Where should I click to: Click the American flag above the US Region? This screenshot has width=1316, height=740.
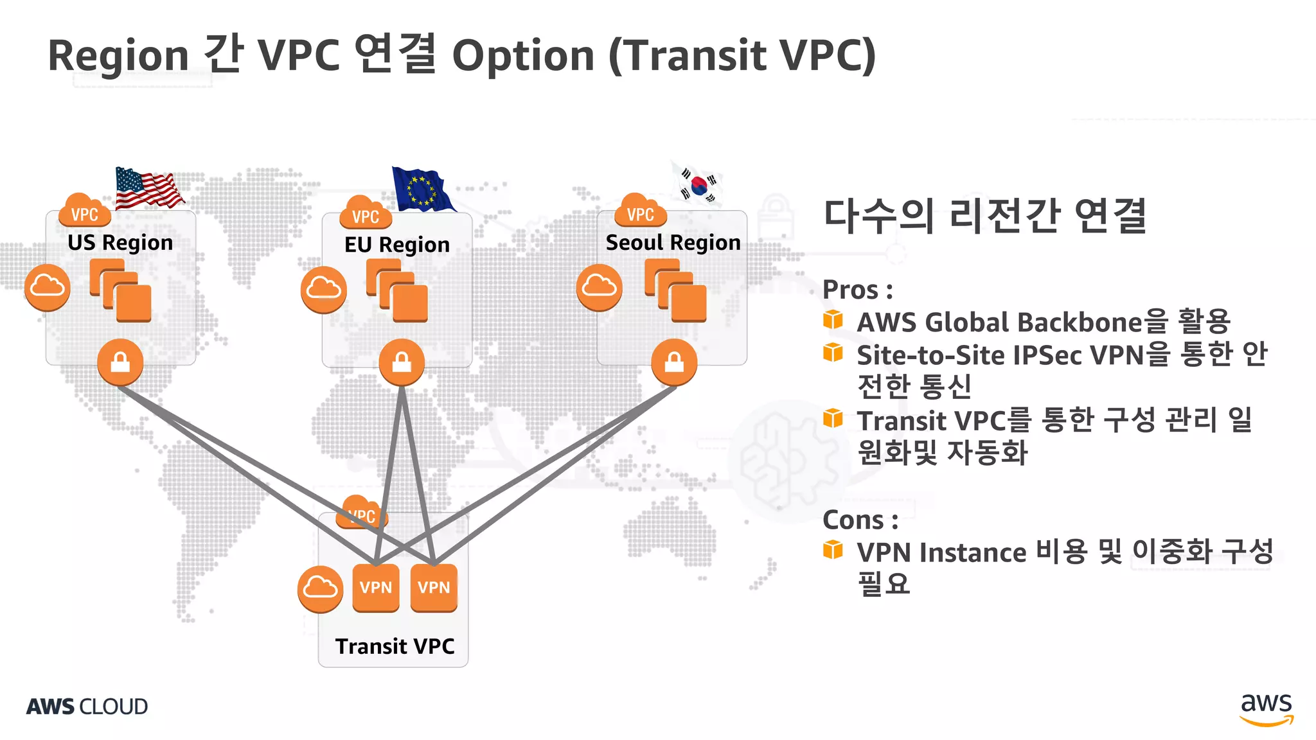[x=148, y=188]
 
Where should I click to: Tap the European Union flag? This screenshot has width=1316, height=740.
[x=422, y=189]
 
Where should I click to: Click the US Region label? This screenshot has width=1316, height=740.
[x=120, y=242]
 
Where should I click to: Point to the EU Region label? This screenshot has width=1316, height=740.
[x=396, y=245]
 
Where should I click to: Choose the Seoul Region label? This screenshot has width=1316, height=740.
[x=673, y=242]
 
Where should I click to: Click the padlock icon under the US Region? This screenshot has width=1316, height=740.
[x=120, y=363]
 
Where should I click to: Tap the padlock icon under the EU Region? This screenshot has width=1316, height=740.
[x=402, y=363]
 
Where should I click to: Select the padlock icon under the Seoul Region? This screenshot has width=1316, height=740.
[x=674, y=363]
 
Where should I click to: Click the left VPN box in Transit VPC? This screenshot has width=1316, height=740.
[x=376, y=588]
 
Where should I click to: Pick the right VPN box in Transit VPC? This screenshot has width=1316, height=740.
[x=434, y=588]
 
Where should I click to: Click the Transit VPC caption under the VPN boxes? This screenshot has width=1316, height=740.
[x=395, y=646]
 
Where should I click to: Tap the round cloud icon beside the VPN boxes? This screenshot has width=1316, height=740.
[x=320, y=589]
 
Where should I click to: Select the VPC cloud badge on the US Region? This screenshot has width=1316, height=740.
[x=84, y=212]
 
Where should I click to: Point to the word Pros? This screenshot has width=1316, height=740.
[x=851, y=290]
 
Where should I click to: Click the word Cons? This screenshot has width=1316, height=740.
[x=853, y=520]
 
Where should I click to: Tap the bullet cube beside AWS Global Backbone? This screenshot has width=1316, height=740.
[x=833, y=319]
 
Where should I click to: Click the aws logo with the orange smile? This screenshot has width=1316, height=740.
[x=1266, y=709]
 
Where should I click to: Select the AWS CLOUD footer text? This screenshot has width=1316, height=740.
[x=87, y=707]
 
